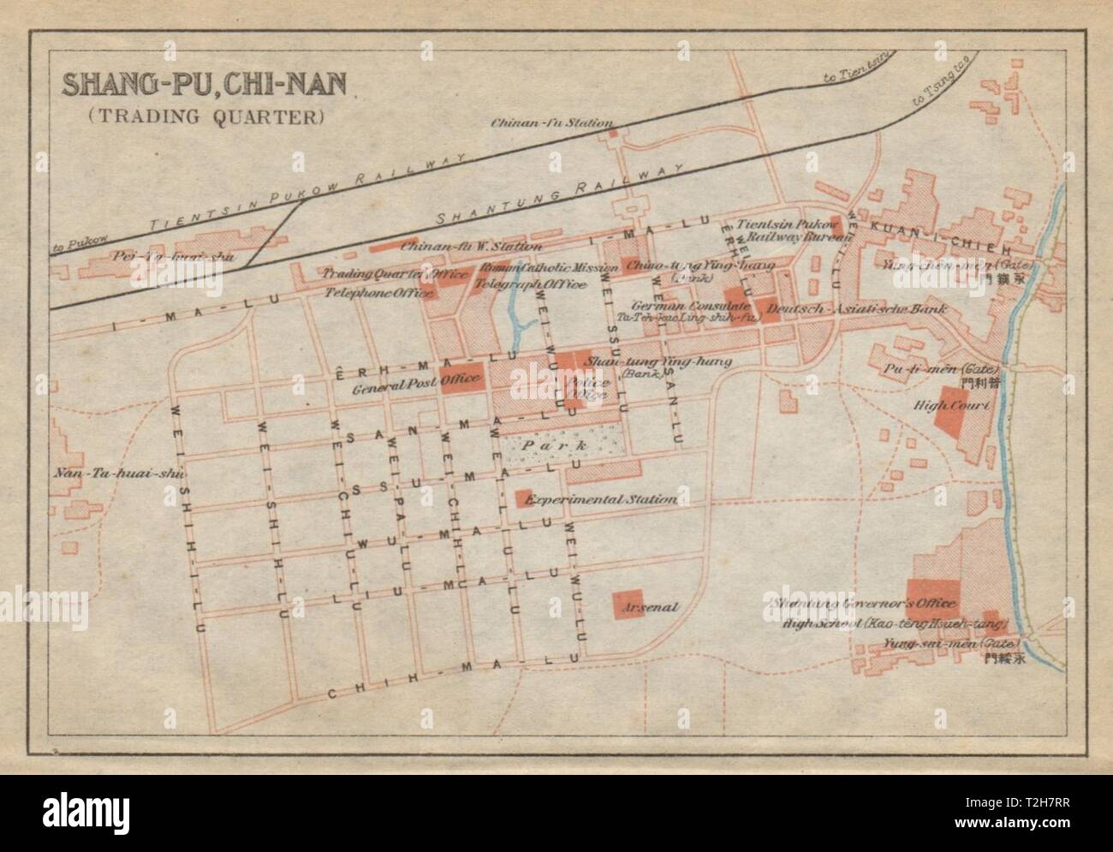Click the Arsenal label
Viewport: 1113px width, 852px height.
tap(652, 608)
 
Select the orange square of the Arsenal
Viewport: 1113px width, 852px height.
tap(628, 605)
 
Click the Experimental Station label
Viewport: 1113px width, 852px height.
tap(603, 499)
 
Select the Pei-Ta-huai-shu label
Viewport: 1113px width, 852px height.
tap(176, 255)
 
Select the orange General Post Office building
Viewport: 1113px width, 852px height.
tap(462, 378)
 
